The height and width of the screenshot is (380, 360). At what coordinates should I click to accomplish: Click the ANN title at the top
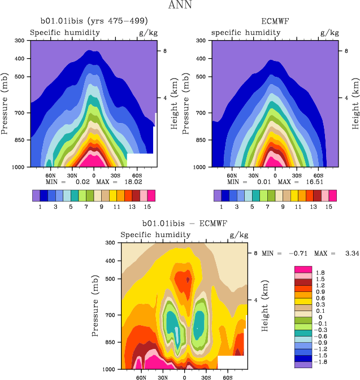(180, 6)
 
